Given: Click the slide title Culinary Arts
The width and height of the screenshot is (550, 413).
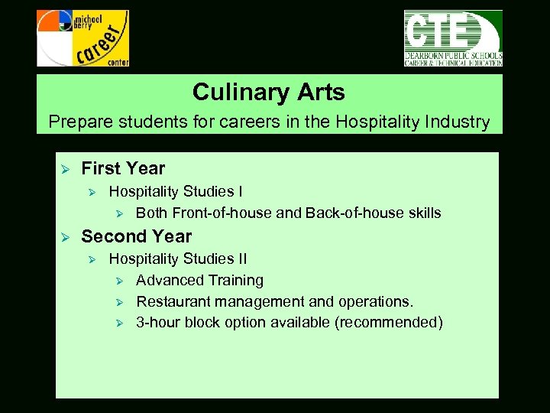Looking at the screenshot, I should (269, 93).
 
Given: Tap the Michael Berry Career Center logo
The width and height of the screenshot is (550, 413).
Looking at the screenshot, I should (82, 38).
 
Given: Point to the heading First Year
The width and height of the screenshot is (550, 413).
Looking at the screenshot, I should (123, 168).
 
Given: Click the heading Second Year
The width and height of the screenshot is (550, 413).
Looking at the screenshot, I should (136, 236).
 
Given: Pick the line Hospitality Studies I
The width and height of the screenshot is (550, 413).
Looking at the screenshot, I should (176, 191).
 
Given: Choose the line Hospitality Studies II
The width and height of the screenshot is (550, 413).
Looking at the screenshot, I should (178, 259).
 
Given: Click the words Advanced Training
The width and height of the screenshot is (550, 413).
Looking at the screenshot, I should (199, 281).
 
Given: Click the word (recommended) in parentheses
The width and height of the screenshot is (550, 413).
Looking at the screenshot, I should (389, 322).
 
